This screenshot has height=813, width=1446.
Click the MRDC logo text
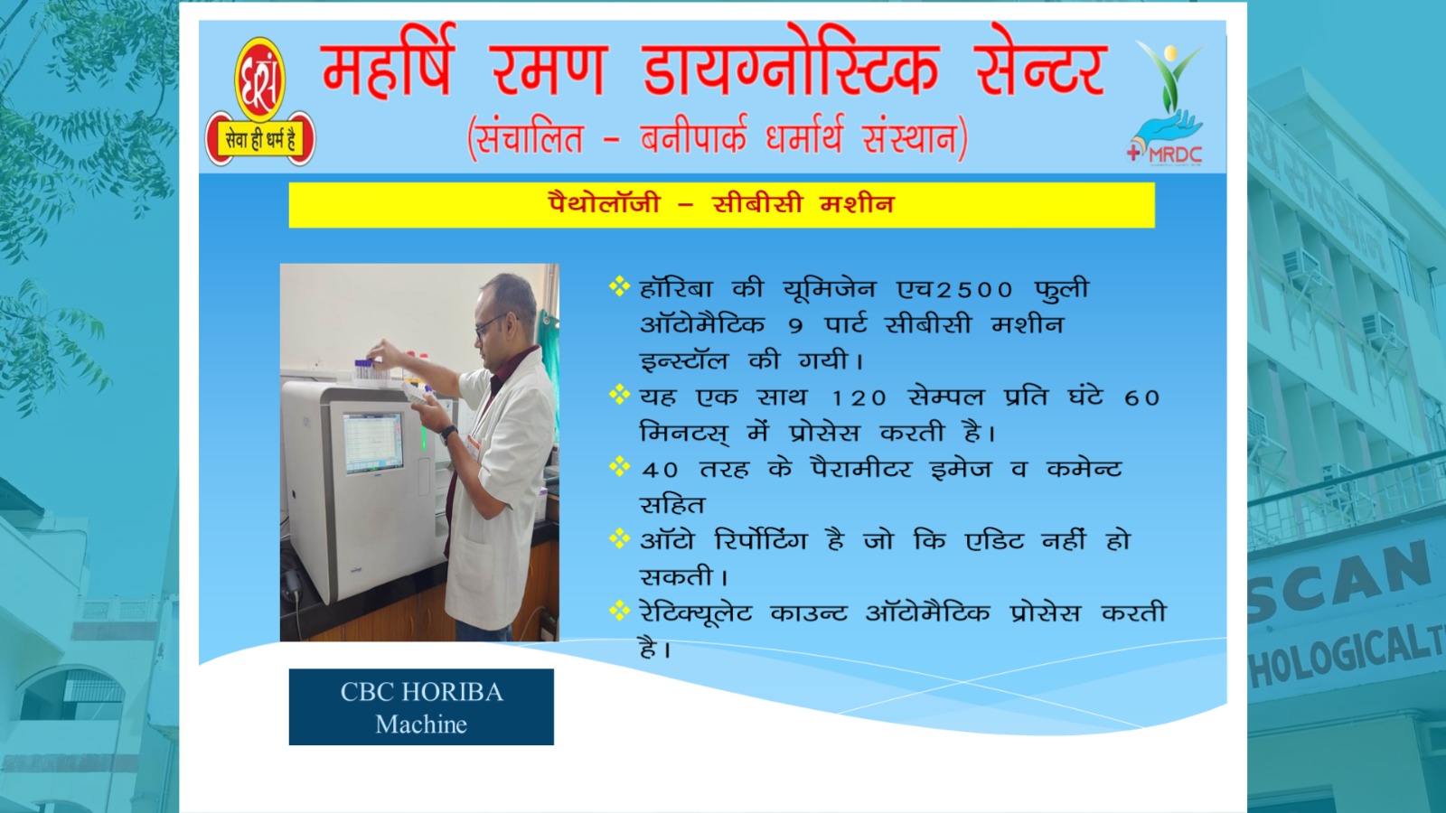(1175, 154)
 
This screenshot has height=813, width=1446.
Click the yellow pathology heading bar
(721, 204)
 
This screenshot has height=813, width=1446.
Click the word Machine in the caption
(421, 724)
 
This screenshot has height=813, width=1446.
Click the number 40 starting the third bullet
(660, 470)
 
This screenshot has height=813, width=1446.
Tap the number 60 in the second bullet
(1142, 398)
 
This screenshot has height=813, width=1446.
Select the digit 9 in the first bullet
(795, 326)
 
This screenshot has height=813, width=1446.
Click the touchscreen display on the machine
(372, 444)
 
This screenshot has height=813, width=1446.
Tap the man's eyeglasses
(491, 324)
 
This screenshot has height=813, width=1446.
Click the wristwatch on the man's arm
(448, 434)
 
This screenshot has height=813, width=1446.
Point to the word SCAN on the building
(1343, 581)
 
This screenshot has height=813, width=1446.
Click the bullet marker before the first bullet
(619, 285)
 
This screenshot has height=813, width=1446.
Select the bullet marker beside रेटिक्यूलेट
(619, 611)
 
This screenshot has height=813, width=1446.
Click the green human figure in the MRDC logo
(1169, 78)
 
